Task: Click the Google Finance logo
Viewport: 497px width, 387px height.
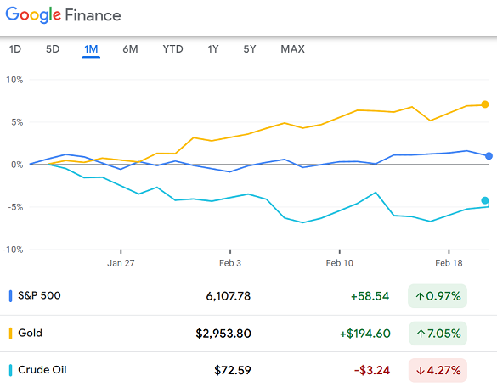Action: coord(64,15)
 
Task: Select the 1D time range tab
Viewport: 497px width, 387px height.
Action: coord(15,49)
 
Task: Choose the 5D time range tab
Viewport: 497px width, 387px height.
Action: coord(53,49)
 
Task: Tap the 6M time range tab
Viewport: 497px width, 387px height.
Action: coord(130,49)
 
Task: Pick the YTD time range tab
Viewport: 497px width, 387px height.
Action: coord(172,49)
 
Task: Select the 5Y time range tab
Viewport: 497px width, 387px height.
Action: coord(249,49)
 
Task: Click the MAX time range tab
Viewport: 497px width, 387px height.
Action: coord(292,49)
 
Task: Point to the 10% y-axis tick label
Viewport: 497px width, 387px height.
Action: coord(14,80)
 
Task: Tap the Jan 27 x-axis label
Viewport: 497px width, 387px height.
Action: coord(121,263)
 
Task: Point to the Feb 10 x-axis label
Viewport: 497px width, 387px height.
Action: coord(339,263)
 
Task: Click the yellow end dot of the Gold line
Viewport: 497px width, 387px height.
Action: coord(485,104)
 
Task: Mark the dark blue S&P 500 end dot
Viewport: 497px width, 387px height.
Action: coord(488,156)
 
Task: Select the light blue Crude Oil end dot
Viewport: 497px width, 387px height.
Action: coord(485,201)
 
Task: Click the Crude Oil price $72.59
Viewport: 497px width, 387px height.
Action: coord(233,370)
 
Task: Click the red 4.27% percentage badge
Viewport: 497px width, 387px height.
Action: coord(438,370)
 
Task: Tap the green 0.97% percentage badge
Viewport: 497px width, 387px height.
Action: coord(438,296)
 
